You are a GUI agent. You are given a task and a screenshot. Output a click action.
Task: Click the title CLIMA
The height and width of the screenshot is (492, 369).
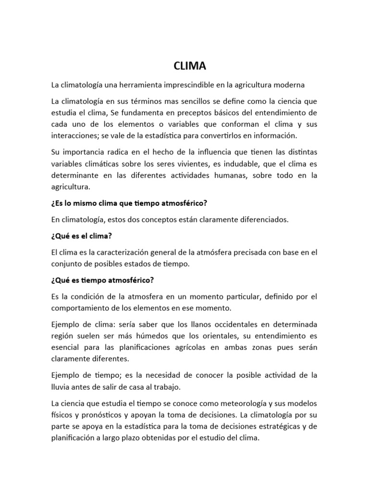pos(184,66)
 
